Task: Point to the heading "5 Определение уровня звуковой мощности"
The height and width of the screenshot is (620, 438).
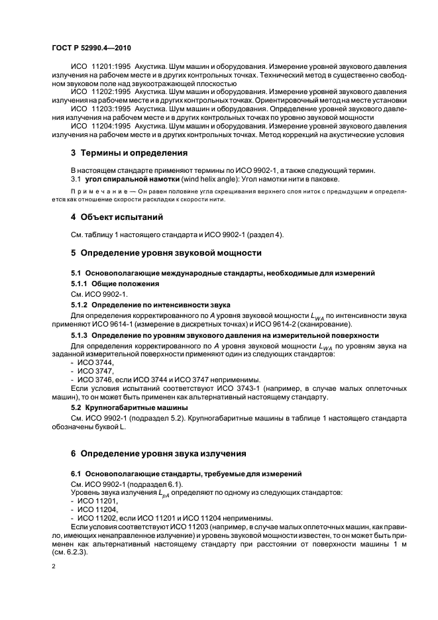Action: coord(166,252)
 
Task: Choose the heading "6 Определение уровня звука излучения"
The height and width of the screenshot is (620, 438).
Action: coord(158,453)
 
